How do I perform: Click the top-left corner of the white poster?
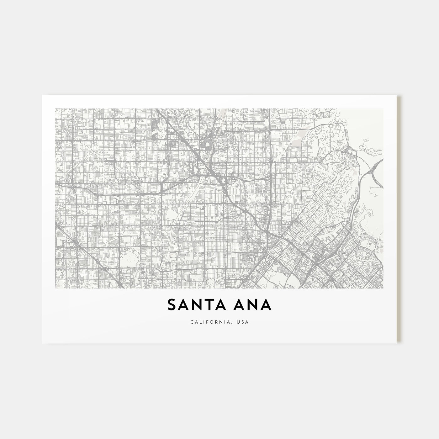(x=42, y=95)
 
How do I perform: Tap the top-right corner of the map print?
(x=383, y=109)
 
